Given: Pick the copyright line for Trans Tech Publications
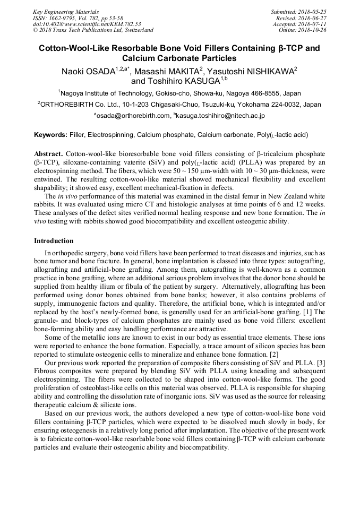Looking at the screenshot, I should pyautogui.click(x=93, y=30).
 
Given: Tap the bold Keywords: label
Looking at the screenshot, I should pyautogui.click(x=50, y=135).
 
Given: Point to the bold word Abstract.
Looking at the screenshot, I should pyautogui.click(x=49, y=153).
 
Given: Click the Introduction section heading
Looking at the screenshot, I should pyautogui.click(x=54, y=241).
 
